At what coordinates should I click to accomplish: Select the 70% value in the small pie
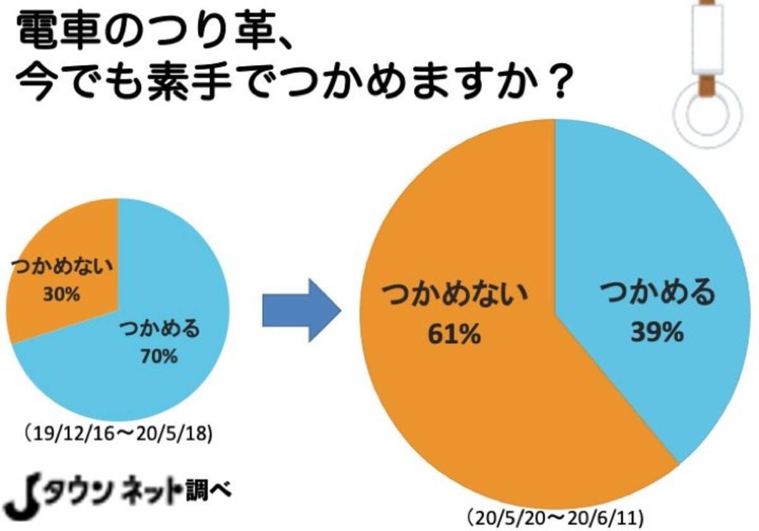pyautogui.click(x=159, y=357)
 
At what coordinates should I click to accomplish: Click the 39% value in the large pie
pyautogui.click(x=657, y=331)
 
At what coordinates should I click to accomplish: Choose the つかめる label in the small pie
pyautogui.click(x=159, y=329)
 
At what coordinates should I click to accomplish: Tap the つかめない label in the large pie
pyautogui.click(x=454, y=294)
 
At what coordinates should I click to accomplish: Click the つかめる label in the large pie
pyautogui.click(x=657, y=293)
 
